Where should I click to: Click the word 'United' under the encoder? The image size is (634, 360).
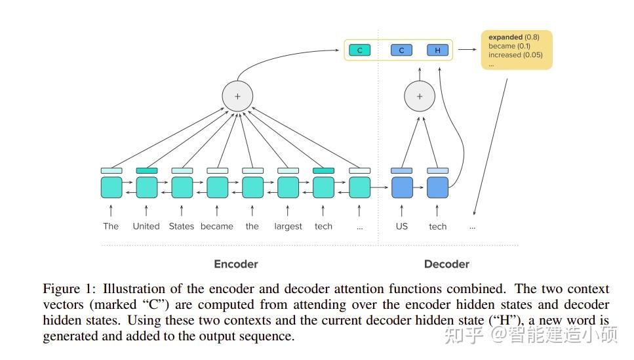(x=146, y=226)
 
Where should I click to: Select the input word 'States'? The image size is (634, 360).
(x=182, y=226)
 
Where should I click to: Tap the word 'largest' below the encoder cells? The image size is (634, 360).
(x=288, y=227)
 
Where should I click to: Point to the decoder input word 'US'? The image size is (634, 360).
(x=401, y=226)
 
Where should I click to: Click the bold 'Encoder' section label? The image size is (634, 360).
(x=236, y=264)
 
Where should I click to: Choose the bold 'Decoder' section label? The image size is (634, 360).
(x=446, y=264)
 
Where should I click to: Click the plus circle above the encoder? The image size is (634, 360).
(x=237, y=96)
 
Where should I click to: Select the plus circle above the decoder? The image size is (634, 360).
(x=419, y=96)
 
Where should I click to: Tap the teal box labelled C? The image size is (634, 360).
(x=359, y=50)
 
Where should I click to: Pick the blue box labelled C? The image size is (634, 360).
(x=401, y=50)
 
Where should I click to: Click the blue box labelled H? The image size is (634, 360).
(x=437, y=50)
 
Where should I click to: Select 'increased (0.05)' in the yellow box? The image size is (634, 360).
(x=515, y=55)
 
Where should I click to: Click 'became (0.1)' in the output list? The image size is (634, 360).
(x=509, y=47)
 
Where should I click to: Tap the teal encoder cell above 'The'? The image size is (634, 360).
(x=111, y=188)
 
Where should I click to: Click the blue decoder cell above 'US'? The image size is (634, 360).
(x=402, y=188)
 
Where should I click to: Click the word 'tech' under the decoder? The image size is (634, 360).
(x=437, y=227)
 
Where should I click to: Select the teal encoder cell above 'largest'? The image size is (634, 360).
(x=288, y=188)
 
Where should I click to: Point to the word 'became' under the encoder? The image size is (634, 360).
(x=217, y=226)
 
